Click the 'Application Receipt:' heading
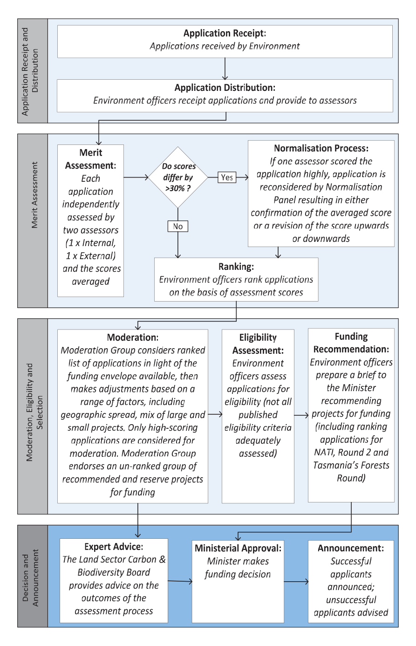click(x=225, y=34)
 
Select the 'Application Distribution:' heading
click(x=225, y=88)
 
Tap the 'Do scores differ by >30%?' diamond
click(x=178, y=178)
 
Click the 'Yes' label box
click(x=227, y=178)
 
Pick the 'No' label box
click(x=178, y=227)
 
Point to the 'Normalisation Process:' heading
click(x=321, y=148)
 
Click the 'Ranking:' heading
click(x=236, y=267)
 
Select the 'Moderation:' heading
click(x=133, y=337)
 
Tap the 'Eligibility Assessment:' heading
click(x=258, y=344)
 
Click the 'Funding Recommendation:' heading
click(x=351, y=343)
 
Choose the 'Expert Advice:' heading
click(x=114, y=547)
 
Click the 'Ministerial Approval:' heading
click(x=238, y=548)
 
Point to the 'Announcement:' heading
click(x=351, y=548)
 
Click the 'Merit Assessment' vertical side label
click(x=34, y=195)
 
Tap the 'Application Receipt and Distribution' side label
click(x=30, y=71)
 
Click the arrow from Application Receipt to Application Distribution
click(x=225, y=69)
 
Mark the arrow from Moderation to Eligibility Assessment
click(x=215, y=414)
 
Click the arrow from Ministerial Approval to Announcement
click(x=296, y=582)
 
